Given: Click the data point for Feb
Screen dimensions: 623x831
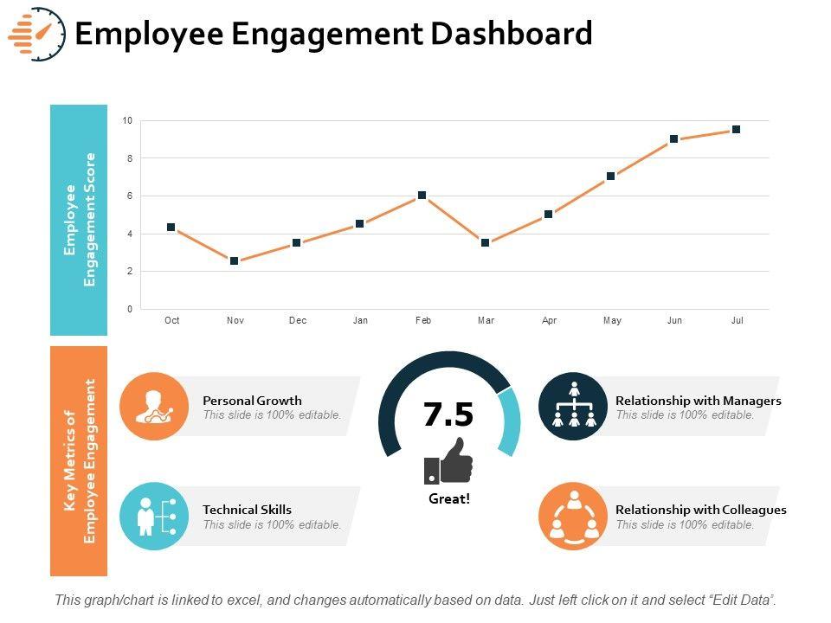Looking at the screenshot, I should [422, 196].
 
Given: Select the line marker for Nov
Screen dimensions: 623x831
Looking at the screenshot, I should [235, 260].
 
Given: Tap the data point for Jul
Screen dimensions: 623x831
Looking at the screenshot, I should [736, 130].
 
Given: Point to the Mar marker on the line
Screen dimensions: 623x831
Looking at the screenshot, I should [486, 243].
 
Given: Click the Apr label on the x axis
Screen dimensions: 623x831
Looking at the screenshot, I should [549, 321].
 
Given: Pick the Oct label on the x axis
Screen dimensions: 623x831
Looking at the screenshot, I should [171, 321].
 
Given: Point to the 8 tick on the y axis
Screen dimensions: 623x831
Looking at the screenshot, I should [128, 158].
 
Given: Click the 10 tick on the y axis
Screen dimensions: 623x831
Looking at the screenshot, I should [127, 121].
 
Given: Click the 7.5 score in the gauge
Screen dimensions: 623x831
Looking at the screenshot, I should [448, 415].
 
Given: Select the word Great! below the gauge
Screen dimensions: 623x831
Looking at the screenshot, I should [449, 499].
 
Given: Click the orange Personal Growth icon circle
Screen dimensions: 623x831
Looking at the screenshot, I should [154, 407].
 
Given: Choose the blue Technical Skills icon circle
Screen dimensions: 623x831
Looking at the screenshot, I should [154, 517].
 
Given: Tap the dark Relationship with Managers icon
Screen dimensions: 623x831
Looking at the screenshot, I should [573, 407].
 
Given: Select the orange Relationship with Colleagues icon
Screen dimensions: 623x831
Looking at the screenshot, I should [573, 517].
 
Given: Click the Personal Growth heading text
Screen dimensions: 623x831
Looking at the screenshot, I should [252, 401].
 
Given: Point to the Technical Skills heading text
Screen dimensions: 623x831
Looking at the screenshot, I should [247, 510].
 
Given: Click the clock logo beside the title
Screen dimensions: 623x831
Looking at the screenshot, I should [38, 34].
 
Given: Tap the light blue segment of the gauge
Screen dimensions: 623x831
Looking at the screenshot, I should [511, 421].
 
